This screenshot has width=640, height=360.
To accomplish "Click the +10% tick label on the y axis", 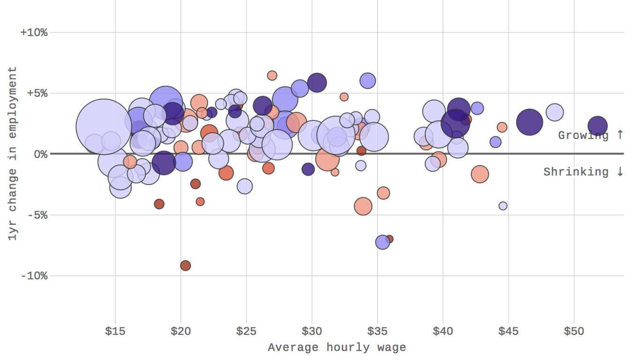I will [x=34, y=33].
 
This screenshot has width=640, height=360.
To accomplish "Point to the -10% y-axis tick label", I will [x=34, y=276].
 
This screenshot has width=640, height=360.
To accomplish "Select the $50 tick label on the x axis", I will [x=574, y=331].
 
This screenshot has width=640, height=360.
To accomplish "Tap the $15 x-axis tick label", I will [x=115, y=331].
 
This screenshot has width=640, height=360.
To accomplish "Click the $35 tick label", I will [x=377, y=331].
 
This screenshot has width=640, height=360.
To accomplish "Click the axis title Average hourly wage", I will [x=337, y=347].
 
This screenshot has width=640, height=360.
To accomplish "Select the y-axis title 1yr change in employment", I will [x=13, y=153].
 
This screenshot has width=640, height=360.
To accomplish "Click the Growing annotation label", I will [x=590, y=135].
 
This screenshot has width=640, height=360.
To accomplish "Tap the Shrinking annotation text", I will [x=583, y=172].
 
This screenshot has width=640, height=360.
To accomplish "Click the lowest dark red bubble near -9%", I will [x=186, y=266].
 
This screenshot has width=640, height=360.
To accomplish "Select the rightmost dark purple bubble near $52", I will [x=597, y=126].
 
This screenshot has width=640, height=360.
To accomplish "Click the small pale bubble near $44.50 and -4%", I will [x=503, y=206].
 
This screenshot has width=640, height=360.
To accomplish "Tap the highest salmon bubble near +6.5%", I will [x=272, y=75].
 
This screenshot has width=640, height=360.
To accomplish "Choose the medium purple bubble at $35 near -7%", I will [x=383, y=242].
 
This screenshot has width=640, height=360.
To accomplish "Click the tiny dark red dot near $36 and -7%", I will [x=389, y=239].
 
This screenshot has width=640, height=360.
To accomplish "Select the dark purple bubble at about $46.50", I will [x=529, y=122].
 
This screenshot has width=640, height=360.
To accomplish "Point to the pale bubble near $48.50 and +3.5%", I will [x=555, y=112].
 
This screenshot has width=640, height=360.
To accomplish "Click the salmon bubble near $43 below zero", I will [x=480, y=174].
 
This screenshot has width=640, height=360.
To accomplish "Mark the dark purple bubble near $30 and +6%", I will [x=317, y=82].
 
